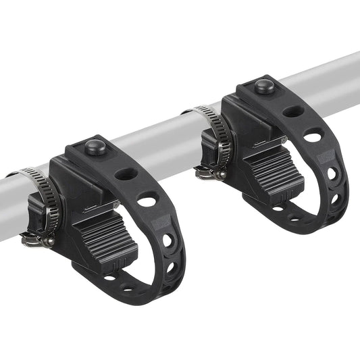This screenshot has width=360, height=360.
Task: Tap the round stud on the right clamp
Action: pos(263,86)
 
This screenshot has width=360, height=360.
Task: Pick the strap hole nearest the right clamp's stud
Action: pos(292,111)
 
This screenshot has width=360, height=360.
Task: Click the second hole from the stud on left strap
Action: pos(148,200)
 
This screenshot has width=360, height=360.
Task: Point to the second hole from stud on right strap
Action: pos(313,136)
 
